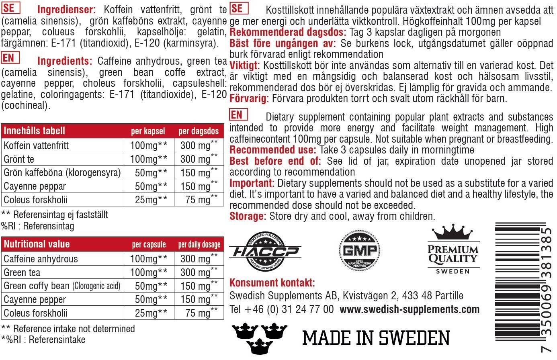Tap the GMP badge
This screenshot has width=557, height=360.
coord(358,251)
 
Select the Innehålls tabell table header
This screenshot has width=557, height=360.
coord(34,131)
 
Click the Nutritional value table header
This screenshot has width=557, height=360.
coord(37,244)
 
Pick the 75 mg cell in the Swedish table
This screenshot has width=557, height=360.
coord(198,200)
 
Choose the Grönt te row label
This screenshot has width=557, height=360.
coord(19,159)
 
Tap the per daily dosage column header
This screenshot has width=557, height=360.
coord(199,245)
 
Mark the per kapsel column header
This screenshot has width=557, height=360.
coord(148,131)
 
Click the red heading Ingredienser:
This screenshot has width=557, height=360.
coord(66,10)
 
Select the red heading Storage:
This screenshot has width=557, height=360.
coord(248,216)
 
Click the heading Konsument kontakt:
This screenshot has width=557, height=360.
coord(272,283)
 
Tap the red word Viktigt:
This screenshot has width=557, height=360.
coord(245,65)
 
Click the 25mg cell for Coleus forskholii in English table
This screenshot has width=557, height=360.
coord(146,313)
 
